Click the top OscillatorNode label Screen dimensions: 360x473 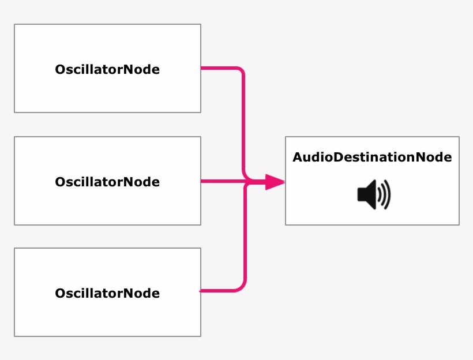tap(107, 70)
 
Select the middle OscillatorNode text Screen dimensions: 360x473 tap(107, 182)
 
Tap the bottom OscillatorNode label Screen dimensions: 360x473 tap(107, 293)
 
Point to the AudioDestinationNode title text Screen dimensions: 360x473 tap(372, 157)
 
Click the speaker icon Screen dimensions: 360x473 tap(373, 194)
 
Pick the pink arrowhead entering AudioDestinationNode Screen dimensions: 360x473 tap(276, 182)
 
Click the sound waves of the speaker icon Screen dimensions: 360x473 tap(385, 194)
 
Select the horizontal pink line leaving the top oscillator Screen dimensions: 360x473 tap(219, 68)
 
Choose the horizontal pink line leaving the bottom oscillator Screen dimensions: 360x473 tap(219, 291)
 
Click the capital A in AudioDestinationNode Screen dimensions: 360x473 tap(298, 157)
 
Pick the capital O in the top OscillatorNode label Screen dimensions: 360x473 tap(60, 70)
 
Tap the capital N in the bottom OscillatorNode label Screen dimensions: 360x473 tap(129, 293)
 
